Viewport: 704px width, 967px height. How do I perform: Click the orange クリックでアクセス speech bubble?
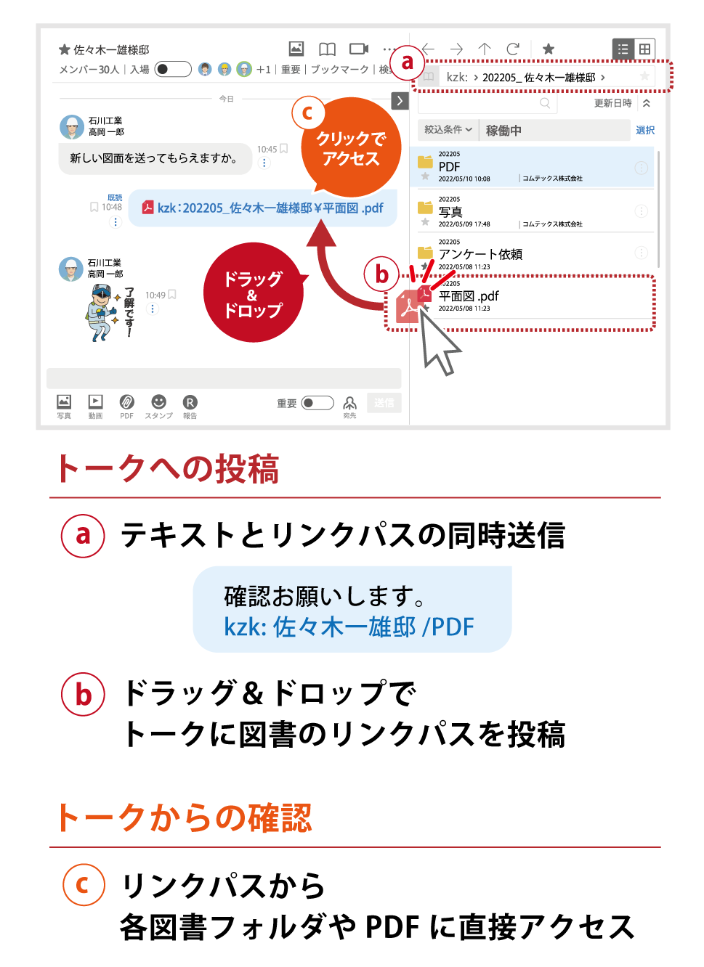(352, 148)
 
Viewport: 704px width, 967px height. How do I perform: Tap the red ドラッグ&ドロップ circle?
(253, 293)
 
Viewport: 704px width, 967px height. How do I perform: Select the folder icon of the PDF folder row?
(425, 162)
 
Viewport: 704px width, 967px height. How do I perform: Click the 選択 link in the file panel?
(645, 130)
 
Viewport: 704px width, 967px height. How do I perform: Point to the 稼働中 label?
(503, 131)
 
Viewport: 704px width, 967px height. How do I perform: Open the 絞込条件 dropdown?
(448, 130)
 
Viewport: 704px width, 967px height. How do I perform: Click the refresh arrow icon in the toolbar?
(513, 49)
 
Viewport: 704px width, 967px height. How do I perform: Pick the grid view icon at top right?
(644, 49)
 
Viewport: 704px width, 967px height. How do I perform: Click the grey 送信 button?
(384, 403)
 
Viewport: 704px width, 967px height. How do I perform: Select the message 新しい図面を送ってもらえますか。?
(154, 158)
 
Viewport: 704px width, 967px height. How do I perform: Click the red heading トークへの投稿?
(168, 469)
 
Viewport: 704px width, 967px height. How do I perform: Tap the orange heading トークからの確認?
(185, 818)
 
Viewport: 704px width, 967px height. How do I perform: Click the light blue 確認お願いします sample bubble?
(352, 610)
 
